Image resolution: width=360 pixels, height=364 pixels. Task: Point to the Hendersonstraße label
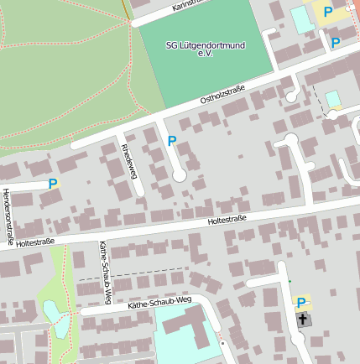click(8, 216)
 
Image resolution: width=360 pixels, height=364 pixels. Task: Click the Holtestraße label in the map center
click(227, 220)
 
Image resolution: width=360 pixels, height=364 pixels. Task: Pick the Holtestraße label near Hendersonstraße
click(34, 242)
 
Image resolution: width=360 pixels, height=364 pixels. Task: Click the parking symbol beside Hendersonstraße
click(53, 184)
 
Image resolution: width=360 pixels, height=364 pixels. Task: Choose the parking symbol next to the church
click(301, 303)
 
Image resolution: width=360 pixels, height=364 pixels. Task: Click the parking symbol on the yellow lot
click(328, 13)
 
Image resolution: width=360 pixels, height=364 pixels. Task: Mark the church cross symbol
click(302, 320)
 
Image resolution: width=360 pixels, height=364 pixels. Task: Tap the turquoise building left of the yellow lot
click(300, 18)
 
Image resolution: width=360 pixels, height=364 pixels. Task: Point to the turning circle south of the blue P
click(179, 174)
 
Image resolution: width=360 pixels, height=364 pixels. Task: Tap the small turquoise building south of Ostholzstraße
click(333, 99)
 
